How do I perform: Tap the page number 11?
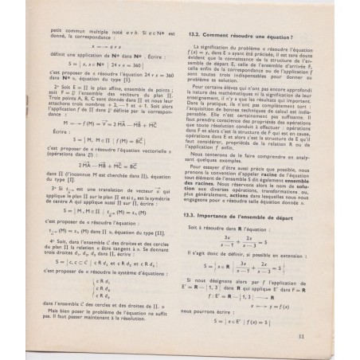click(325, 335)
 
